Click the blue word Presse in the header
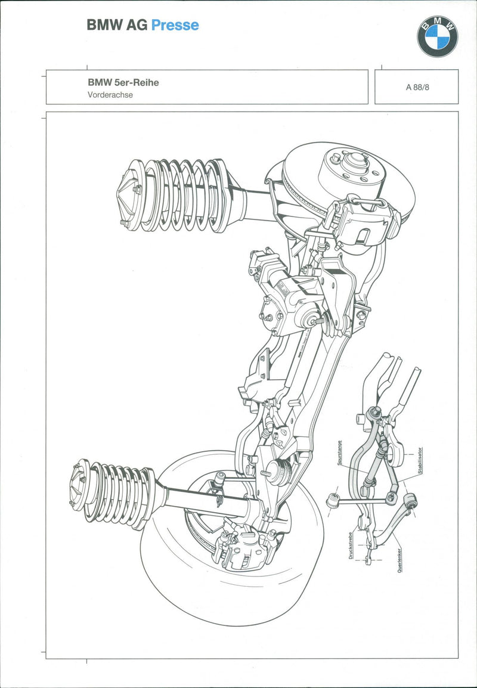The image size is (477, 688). click(175, 25)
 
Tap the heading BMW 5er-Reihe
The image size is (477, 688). click(123, 83)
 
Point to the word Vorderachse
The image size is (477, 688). click(110, 94)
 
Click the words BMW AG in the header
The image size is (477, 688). click(117, 25)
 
